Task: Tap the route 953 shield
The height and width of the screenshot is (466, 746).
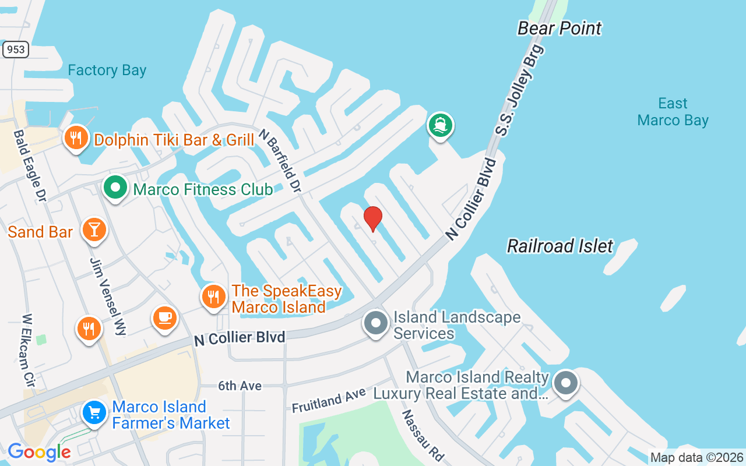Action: click(x=16, y=50)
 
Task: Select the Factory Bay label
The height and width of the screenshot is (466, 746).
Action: click(x=107, y=70)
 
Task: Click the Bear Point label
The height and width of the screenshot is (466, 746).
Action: click(x=559, y=28)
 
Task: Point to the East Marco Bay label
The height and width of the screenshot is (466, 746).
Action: click(x=673, y=112)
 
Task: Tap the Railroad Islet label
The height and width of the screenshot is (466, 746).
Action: click(x=560, y=246)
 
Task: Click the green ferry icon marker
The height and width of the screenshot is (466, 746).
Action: click(x=441, y=125)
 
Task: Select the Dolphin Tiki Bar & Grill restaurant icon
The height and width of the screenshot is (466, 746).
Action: click(x=76, y=138)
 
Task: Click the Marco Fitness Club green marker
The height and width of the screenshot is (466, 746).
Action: click(x=115, y=188)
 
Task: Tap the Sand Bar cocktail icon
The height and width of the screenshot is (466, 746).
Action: click(x=94, y=229)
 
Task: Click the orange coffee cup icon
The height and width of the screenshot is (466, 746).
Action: click(x=165, y=317)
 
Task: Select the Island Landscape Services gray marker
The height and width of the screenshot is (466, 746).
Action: click(x=376, y=323)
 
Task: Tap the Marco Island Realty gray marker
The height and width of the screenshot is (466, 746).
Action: click(x=565, y=383)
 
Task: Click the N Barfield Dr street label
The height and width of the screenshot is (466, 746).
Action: click(x=280, y=161)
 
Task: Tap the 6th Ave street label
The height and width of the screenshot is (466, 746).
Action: click(x=240, y=386)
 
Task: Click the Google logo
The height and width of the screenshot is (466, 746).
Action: click(x=39, y=452)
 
